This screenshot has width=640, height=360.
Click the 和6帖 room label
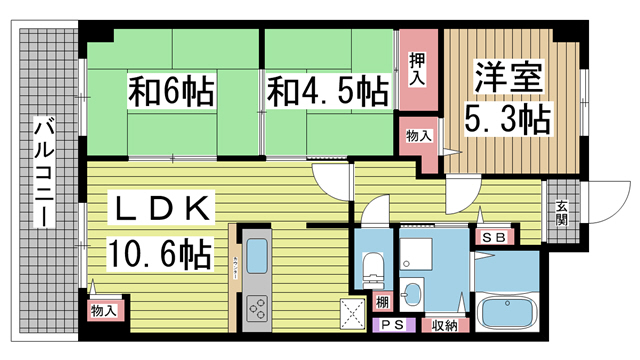pyautogui.click(x=170, y=92)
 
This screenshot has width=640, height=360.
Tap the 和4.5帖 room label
pyautogui.click(x=327, y=92)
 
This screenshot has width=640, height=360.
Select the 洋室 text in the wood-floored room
pyautogui.click(x=507, y=77)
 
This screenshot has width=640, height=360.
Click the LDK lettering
pyautogui.click(x=162, y=209)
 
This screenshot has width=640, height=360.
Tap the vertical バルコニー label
pyautogui.click(x=44, y=172)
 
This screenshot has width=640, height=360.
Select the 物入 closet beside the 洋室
pyautogui.click(x=418, y=135)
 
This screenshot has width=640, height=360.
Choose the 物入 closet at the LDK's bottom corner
pyautogui.click(x=104, y=311)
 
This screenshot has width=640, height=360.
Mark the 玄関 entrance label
pyautogui.click(x=562, y=213)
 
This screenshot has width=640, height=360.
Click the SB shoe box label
pyautogui.click(x=492, y=238)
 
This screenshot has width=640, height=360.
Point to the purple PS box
pyautogui.click(x=390, y=326)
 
